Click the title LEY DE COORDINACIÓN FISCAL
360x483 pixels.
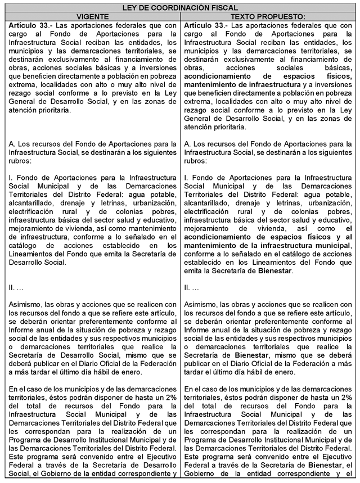click(x=180, y=7)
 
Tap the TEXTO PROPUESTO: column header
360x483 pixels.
click(x=269, y=17)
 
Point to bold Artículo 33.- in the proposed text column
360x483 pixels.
click(x=206, y=26)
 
